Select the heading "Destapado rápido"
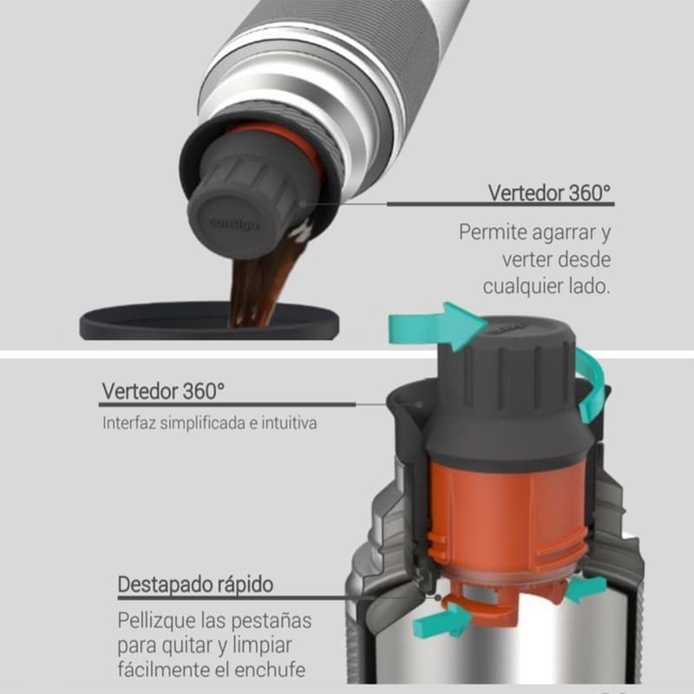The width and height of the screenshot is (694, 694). pos(195,584)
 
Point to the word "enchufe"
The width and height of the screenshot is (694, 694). pos(270,670)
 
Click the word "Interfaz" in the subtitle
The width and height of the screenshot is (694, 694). pos(128,423)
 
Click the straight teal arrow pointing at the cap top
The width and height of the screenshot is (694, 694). pos(436,327)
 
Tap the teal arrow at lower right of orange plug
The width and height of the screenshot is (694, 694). pos(586,589)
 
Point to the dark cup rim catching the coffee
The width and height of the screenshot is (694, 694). pos(209,321)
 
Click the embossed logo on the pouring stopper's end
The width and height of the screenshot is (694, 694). pos(233,224)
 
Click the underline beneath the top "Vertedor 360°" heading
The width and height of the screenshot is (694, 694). pos(501,204)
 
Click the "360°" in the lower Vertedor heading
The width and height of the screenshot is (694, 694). pos(204,391)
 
